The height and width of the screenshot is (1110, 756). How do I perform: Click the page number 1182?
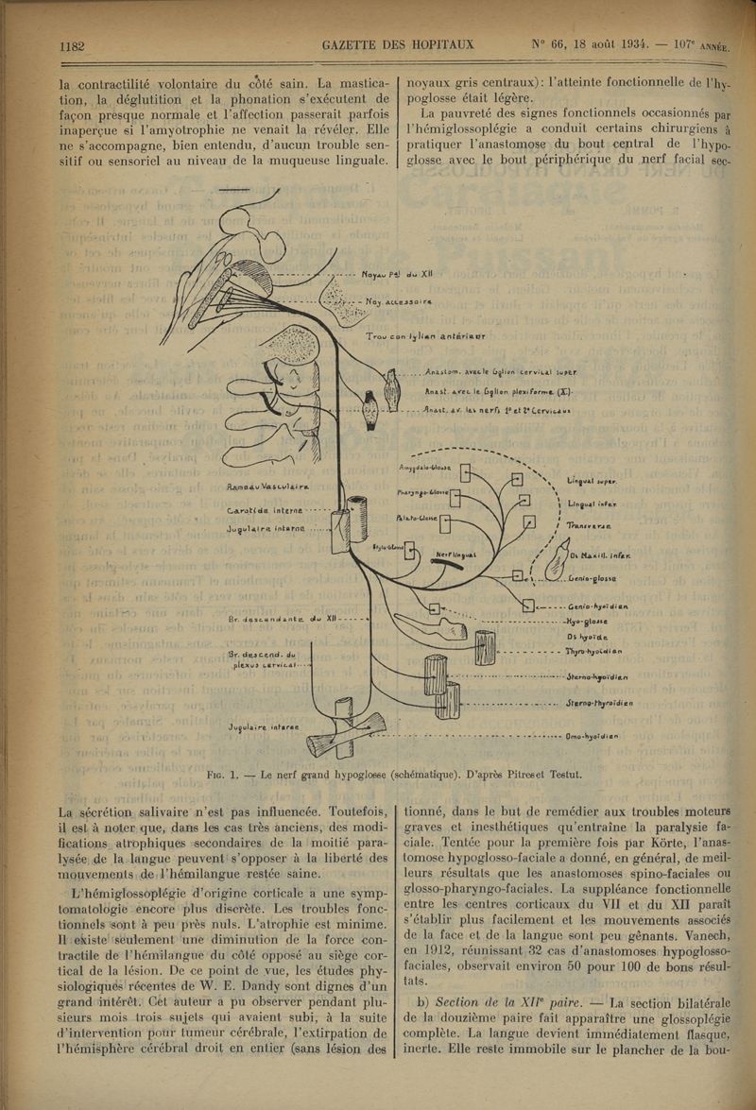73,44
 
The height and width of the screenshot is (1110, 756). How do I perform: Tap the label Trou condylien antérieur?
426,336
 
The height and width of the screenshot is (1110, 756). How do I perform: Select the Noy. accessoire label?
399,303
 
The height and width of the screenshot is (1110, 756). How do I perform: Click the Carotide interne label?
265,510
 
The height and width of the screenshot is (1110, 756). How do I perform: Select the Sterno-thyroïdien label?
599,703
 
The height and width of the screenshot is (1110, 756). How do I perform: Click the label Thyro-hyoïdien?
594,651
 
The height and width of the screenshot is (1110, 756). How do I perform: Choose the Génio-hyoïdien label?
599,606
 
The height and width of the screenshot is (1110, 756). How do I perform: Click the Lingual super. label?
593,481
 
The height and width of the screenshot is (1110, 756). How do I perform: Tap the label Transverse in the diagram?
589,525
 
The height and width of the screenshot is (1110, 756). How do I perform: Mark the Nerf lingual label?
457,555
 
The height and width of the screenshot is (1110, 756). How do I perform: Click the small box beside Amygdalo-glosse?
465,471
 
